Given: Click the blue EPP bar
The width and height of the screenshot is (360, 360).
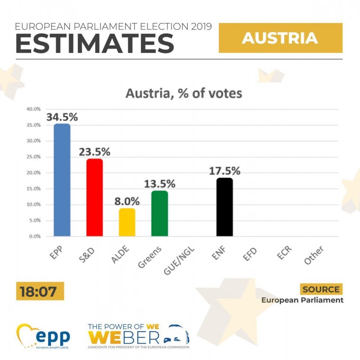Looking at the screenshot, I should [62, 180].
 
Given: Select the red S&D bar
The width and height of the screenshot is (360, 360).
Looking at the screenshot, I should [95, 197].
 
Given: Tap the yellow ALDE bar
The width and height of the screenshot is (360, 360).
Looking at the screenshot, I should [127, 222].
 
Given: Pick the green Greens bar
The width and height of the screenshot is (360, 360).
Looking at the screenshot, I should [159, 214].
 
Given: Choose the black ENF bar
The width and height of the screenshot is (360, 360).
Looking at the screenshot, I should [224, 207].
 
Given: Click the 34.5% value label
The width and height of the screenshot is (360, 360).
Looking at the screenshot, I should [62, 117].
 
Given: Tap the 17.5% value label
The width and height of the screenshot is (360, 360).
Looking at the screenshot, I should [224, 171].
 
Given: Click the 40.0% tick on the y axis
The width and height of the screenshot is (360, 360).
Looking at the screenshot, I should [34, 109].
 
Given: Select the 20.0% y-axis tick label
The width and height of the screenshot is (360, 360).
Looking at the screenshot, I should [34, 173].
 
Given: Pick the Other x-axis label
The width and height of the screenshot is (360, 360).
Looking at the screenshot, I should [314, 255].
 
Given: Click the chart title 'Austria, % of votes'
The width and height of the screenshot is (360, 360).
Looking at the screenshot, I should [184, 93].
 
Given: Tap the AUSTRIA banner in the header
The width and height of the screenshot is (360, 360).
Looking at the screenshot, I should [280, 38].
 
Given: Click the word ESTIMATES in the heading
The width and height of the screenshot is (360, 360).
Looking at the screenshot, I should [95, 44].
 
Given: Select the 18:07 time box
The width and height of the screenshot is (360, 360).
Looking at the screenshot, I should [40, 291].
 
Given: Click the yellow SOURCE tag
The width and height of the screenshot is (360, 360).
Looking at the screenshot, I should [322, 289].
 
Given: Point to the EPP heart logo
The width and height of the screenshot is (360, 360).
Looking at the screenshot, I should [29, 336].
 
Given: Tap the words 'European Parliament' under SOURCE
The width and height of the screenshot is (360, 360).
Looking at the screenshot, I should [302, 300].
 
